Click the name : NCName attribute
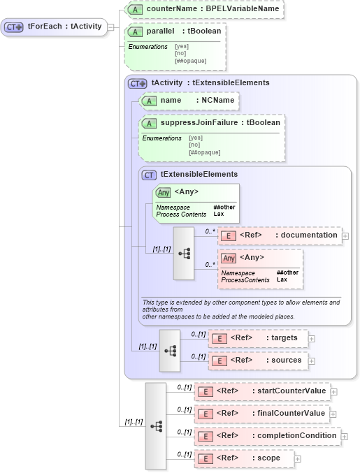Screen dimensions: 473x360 coord(189,101)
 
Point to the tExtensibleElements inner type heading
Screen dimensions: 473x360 coord(199,174)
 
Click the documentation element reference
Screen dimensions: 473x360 coord(280,235)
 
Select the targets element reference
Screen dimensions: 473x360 coord(258,338)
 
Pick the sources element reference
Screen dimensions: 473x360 coord(259,361)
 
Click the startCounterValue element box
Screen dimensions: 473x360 coord(262,391)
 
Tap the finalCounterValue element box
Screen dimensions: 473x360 coord(262,414)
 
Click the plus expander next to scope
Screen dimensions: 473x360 coord(298,459)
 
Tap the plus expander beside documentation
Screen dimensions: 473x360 coord(345,236)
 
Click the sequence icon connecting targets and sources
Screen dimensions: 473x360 coord(170,349)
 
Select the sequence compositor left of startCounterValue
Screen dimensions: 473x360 coord(156,425)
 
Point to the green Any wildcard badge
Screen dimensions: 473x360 coord(163,192)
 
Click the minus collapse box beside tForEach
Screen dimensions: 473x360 coord(111,27)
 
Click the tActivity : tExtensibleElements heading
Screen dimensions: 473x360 coord(210,82)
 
